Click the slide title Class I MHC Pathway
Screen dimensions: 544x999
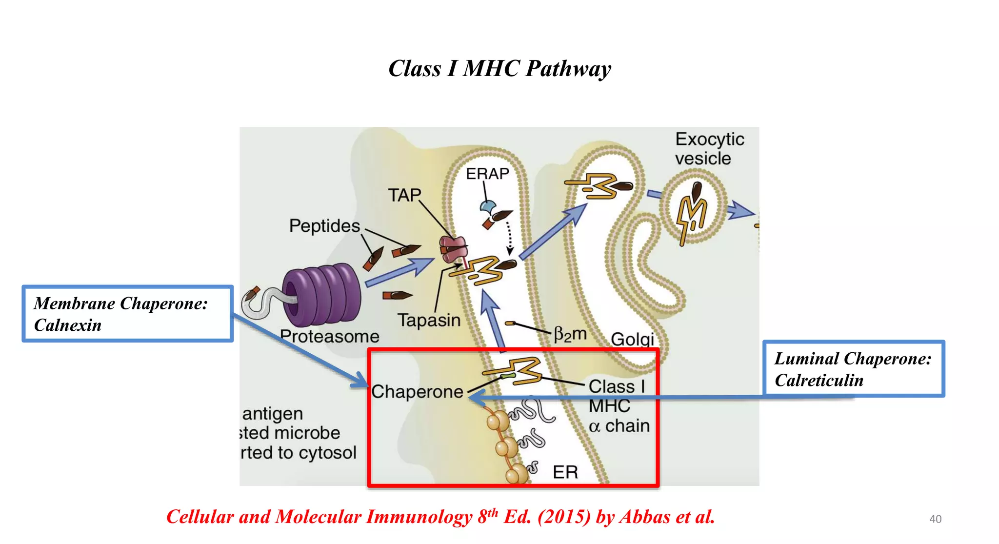pos(499,68)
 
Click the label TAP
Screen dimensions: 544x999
pos(404,195)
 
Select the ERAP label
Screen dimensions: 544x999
pos(487,174)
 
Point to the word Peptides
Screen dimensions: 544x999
pos(324,226)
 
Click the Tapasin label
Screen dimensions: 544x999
pos(429,320)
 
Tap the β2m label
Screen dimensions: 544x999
pos(570,334)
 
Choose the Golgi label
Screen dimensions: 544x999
pos(632,339)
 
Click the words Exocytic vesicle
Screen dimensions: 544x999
pos(709,149)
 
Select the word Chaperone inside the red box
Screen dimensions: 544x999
pos(417,392)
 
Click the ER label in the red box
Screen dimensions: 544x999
pos(565,472)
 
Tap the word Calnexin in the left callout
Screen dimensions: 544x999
pos(68,325)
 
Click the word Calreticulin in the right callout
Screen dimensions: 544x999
pos(819,380)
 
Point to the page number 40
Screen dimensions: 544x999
pos(935,519)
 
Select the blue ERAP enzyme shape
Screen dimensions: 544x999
pos(487,208)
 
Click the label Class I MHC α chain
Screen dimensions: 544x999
pos(619,406)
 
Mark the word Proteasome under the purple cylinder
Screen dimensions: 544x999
pos(330,336)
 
